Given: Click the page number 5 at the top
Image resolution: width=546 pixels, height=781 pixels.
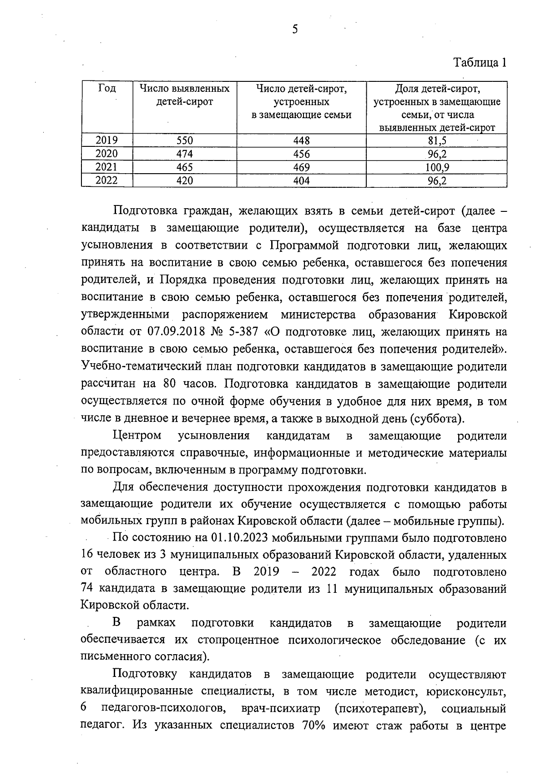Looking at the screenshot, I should (295, 30).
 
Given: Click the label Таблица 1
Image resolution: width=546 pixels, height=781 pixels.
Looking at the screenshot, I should (480, 63).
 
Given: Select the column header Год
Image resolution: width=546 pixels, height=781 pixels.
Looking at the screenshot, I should (106, 89).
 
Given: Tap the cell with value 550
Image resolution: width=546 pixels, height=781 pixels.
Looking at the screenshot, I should (184, 140).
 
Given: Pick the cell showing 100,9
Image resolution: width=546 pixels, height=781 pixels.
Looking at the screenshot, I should (437, 167).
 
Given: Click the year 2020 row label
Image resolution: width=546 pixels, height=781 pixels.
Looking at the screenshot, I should (106, 154).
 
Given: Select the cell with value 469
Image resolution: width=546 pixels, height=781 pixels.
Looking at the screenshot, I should (301, 167).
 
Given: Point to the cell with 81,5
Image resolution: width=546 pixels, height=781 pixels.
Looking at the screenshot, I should (437, 140).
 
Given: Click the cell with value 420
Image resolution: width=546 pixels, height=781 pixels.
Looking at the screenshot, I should (184, 180).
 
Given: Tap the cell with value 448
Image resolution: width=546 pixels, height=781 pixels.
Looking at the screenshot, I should (301, 140).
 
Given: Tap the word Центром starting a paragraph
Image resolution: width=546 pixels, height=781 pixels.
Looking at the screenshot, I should (137, 436).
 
